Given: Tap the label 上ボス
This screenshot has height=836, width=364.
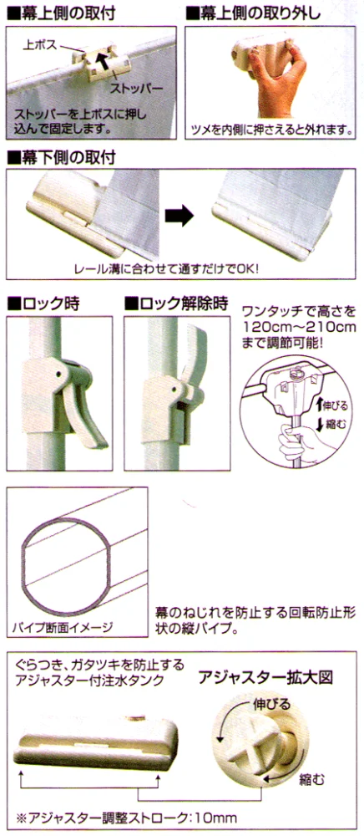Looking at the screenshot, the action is [x=39, y=44].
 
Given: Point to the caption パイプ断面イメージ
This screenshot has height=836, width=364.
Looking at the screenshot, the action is [x=63, y=627].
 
